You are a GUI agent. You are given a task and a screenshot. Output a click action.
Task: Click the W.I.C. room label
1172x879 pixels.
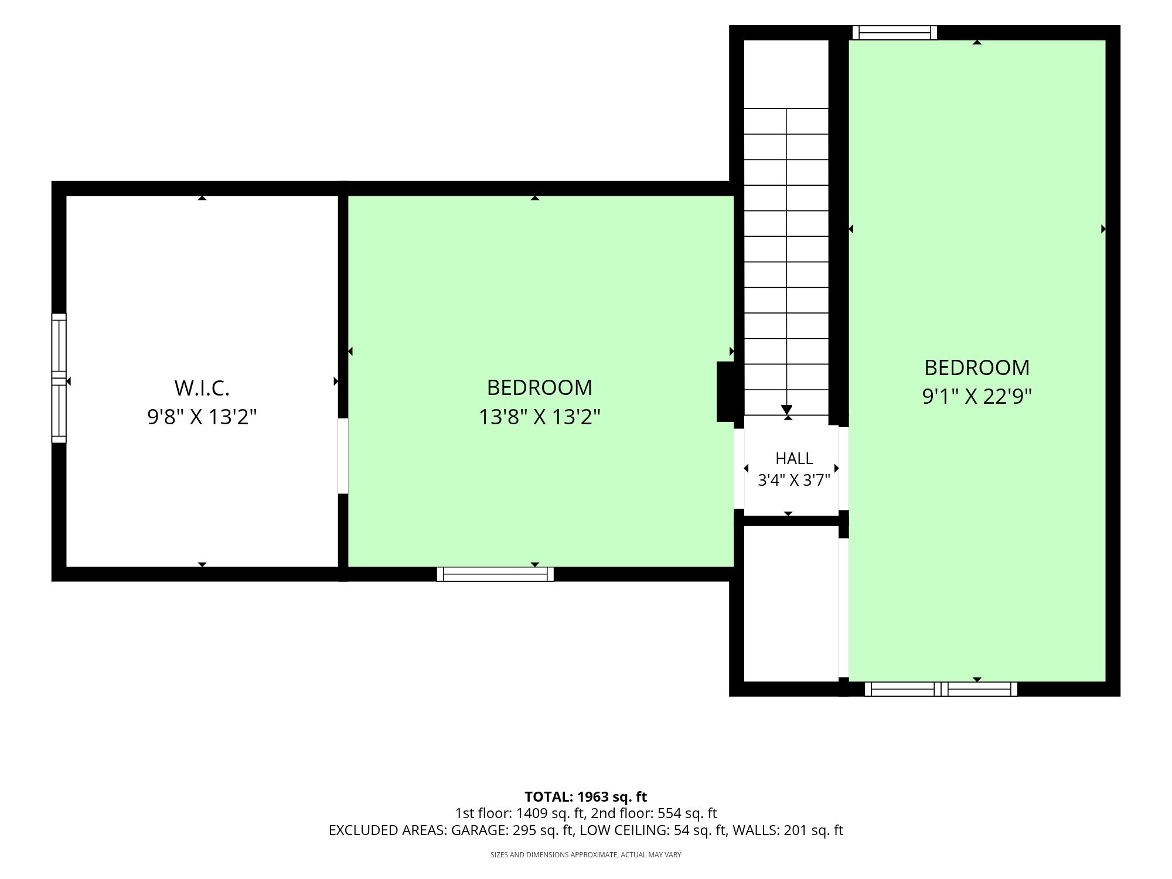tap(202, 388)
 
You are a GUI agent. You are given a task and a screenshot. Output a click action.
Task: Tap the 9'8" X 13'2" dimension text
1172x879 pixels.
tap(202, 417)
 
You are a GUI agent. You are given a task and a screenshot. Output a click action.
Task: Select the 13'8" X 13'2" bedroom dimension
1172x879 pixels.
tap(540, 417)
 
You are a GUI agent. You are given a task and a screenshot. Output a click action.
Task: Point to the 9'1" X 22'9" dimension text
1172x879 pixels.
tap(977, 397)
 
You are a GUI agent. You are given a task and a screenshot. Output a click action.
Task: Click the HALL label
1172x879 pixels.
tap(794, 458)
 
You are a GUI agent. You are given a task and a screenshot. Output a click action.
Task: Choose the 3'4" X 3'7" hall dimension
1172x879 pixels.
tap(794, 481)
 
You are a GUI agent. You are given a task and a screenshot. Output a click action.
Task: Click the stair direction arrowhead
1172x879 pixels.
tap(786, 410)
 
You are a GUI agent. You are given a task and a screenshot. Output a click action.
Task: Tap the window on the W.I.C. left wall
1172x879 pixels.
tap(59, 378)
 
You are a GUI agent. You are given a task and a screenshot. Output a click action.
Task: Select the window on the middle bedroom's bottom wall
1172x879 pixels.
tap(495, 574)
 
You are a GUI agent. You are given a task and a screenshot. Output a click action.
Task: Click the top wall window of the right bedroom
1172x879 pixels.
tap(895, 33)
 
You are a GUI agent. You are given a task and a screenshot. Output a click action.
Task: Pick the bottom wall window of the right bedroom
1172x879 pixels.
tap(941, 689)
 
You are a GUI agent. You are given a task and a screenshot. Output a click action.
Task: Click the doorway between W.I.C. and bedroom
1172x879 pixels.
tap(343, 456)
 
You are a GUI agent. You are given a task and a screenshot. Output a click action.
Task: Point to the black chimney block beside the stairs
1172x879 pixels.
tap(725, 391)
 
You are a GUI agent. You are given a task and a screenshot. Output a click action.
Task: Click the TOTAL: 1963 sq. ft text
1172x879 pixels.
tap(585, 797)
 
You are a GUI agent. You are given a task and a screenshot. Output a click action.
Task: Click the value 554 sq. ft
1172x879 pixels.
tap(687, 813)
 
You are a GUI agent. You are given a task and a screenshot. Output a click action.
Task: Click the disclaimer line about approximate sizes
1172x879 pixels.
tap(586, 855)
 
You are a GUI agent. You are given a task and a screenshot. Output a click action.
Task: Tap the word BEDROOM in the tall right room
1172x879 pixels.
tap(977, 367)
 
